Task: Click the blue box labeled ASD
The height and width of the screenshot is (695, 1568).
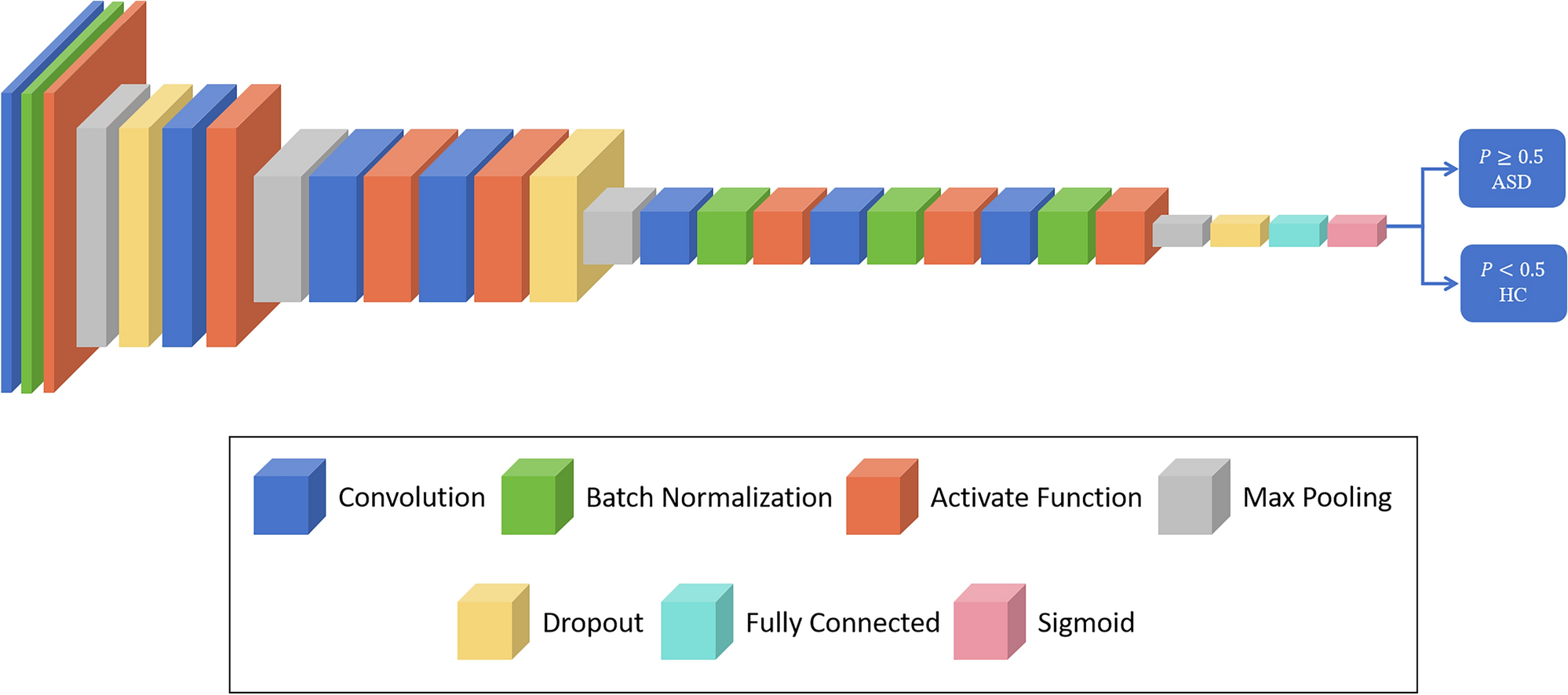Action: [1511, 169]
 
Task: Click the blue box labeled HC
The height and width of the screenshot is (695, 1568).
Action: [1512, 283]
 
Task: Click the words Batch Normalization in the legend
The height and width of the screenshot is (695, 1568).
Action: [708, 497]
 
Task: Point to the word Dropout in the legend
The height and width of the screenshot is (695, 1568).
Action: [593, 623]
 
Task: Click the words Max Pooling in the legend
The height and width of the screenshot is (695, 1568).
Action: [1317, 497]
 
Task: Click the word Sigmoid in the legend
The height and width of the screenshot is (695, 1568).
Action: [1085, 623]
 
